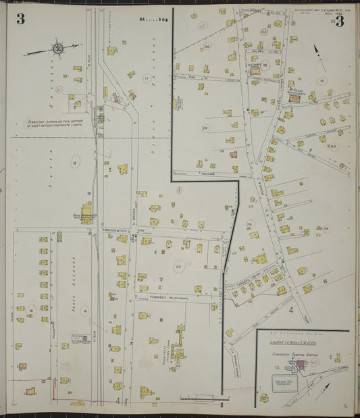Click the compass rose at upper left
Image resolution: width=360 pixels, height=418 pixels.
[58, 48]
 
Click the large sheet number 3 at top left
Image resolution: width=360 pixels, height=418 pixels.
[21, 19]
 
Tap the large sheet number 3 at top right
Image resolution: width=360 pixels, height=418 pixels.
[339, 21]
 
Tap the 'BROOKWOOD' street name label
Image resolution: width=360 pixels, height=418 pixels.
[115, 231]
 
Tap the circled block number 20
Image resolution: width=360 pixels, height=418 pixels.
[178, 267]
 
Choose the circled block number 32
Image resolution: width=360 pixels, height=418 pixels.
[266, 65]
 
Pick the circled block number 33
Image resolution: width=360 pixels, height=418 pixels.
[264, 32]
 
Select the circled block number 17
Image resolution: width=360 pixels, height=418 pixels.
[146, 79]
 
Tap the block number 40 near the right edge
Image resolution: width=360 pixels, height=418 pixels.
[332, 146]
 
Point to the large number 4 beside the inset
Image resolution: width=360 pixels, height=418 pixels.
[291, 311]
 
